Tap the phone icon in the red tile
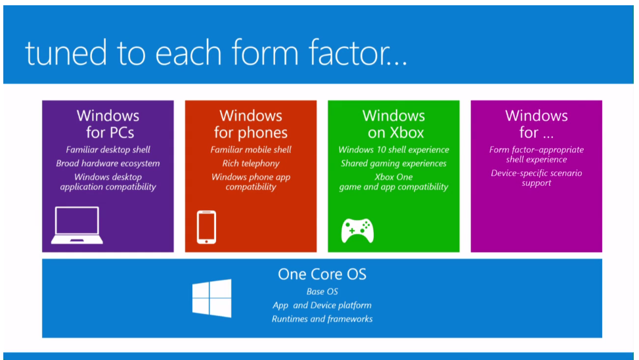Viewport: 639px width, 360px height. (x=206, y=227)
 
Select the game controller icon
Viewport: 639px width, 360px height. (x=357, y=230)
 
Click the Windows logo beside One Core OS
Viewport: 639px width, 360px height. (x=211, y=299)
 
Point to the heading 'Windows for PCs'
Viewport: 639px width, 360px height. (x=108, y=124)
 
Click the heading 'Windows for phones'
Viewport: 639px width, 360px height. (x=250, y=124)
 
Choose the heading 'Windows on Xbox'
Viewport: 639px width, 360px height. (x=393, y=124)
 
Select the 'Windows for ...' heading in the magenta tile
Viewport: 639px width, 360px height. (x=536, y=124)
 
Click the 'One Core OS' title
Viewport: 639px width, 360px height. (x=322, y=274)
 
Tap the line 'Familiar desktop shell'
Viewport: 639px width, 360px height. (x=108, y=150)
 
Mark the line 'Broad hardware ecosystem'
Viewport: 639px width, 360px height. (x=108, y=164)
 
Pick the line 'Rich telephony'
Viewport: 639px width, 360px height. (x=250, y=164)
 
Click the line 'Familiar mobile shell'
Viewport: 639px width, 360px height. (x=250, y=150)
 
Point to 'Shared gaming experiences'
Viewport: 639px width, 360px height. (x=393, y=164)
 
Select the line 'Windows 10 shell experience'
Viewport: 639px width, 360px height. (x=393, y=150)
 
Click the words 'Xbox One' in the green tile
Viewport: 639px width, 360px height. (x=393, y=177)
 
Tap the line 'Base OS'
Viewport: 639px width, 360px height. (x=322, y=292)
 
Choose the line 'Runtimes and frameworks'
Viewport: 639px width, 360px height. (x=322, y=319)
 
